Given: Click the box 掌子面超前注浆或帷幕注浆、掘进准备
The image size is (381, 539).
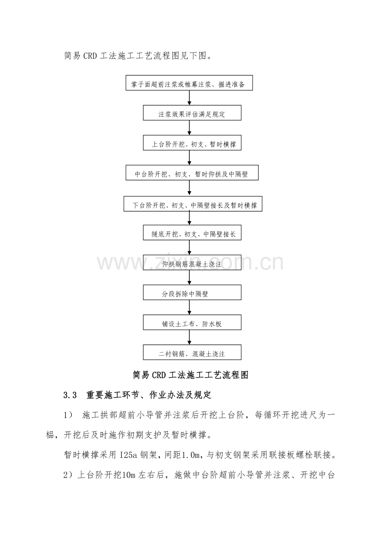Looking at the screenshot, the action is (189, 83).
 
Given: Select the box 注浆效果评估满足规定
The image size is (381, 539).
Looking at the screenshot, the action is (192, 113).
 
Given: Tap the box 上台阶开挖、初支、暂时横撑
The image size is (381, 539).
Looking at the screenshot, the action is (192, 143).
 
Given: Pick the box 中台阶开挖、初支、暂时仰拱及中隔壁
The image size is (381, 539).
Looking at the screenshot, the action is (192, 173).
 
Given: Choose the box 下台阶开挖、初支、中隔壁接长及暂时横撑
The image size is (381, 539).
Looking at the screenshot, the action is (193, 204).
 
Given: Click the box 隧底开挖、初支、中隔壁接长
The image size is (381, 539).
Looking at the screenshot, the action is (192, 232).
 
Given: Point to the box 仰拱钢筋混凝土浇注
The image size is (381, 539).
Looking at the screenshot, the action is (192, 262).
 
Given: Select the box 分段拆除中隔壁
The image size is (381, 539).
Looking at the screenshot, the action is (192, 292).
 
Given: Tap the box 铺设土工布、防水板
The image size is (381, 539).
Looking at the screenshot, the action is (192, 322).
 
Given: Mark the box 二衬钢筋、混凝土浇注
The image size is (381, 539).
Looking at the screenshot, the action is (192, 352).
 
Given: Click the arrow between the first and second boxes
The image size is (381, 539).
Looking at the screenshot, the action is (189, 98).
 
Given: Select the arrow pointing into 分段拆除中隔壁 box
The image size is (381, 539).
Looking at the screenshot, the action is (189, 277).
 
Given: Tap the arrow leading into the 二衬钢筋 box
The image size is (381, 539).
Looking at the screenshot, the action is (189, 337).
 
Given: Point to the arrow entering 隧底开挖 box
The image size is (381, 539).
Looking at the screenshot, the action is (189, 218).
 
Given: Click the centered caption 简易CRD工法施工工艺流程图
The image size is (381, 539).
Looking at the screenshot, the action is (190, 375).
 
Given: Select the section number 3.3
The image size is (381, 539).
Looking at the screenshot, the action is (70, 395).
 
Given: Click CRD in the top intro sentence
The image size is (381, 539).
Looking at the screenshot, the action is (90, 56).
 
